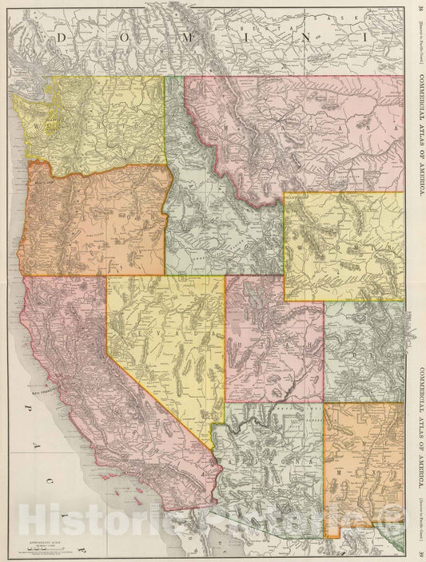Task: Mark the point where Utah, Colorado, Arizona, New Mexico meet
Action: (324, 402)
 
